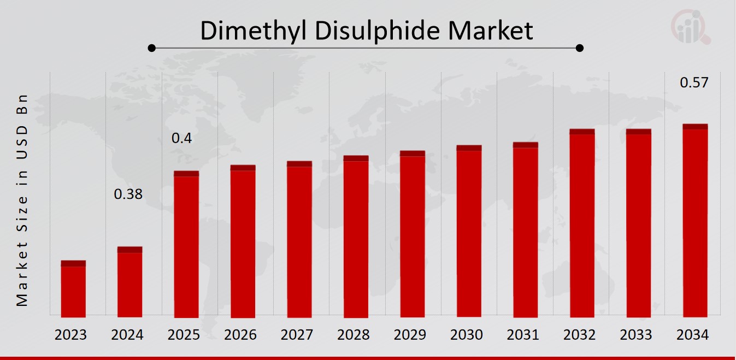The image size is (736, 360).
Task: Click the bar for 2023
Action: (x=73, y=290)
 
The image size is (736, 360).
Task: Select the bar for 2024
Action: (x=130, y=282)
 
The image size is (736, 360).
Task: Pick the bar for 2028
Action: (x=356, y=237)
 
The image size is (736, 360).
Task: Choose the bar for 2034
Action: (x=695, y=221)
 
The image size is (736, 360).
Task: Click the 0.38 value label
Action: (x=128, y=194)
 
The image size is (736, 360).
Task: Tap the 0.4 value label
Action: (x=182, y=139)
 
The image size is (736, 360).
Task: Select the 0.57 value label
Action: (x=694, y=83)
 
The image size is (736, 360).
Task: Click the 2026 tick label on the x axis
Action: (x=240, y=335)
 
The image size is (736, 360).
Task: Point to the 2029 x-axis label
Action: (x=410, y=335)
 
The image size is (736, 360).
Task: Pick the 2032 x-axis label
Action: (x=580, y=335)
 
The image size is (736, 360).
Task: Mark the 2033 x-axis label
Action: (x=636, y=335)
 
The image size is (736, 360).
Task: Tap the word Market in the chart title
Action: (x=491, y=31)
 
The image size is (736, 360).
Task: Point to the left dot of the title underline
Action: (x=152, y=48)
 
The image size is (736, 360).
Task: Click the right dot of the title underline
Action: (x=580, y=48)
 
